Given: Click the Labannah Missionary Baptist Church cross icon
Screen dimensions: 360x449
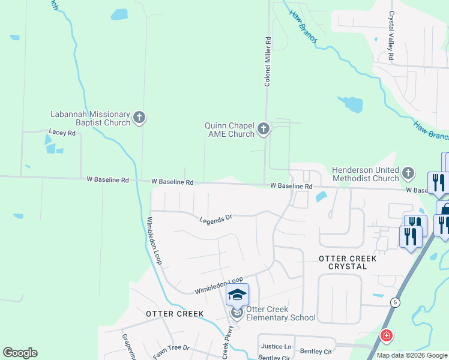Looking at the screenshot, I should pyautogui.click(x=139, y=118).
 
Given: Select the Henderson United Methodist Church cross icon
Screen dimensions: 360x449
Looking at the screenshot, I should pyautogui.click(x=408, y=173).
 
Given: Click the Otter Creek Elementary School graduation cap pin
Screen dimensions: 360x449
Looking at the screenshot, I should pyautogui.click(x=237, y=295).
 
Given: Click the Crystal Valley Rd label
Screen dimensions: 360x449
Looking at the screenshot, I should pyautogui.click(x=391, y=35).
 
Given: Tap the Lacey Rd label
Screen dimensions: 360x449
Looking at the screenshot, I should pyautogui.click(x=62, y=133).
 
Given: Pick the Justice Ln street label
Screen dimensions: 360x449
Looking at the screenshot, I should pyautogui.click(x=276, y=347).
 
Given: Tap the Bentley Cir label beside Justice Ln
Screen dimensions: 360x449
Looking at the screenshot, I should pyautogui.click(x=316, y=351).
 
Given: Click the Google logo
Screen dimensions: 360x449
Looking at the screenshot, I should pyautogui.click(x=20, y=353).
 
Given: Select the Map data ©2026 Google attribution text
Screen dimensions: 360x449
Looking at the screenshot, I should pyautogui.click(x=411, y=355).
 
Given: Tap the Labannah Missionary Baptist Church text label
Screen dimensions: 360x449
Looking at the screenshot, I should pyautogui.click(x=90, y=118).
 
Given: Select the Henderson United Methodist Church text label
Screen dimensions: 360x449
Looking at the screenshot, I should pyautogui.click(x=366, y=174).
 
